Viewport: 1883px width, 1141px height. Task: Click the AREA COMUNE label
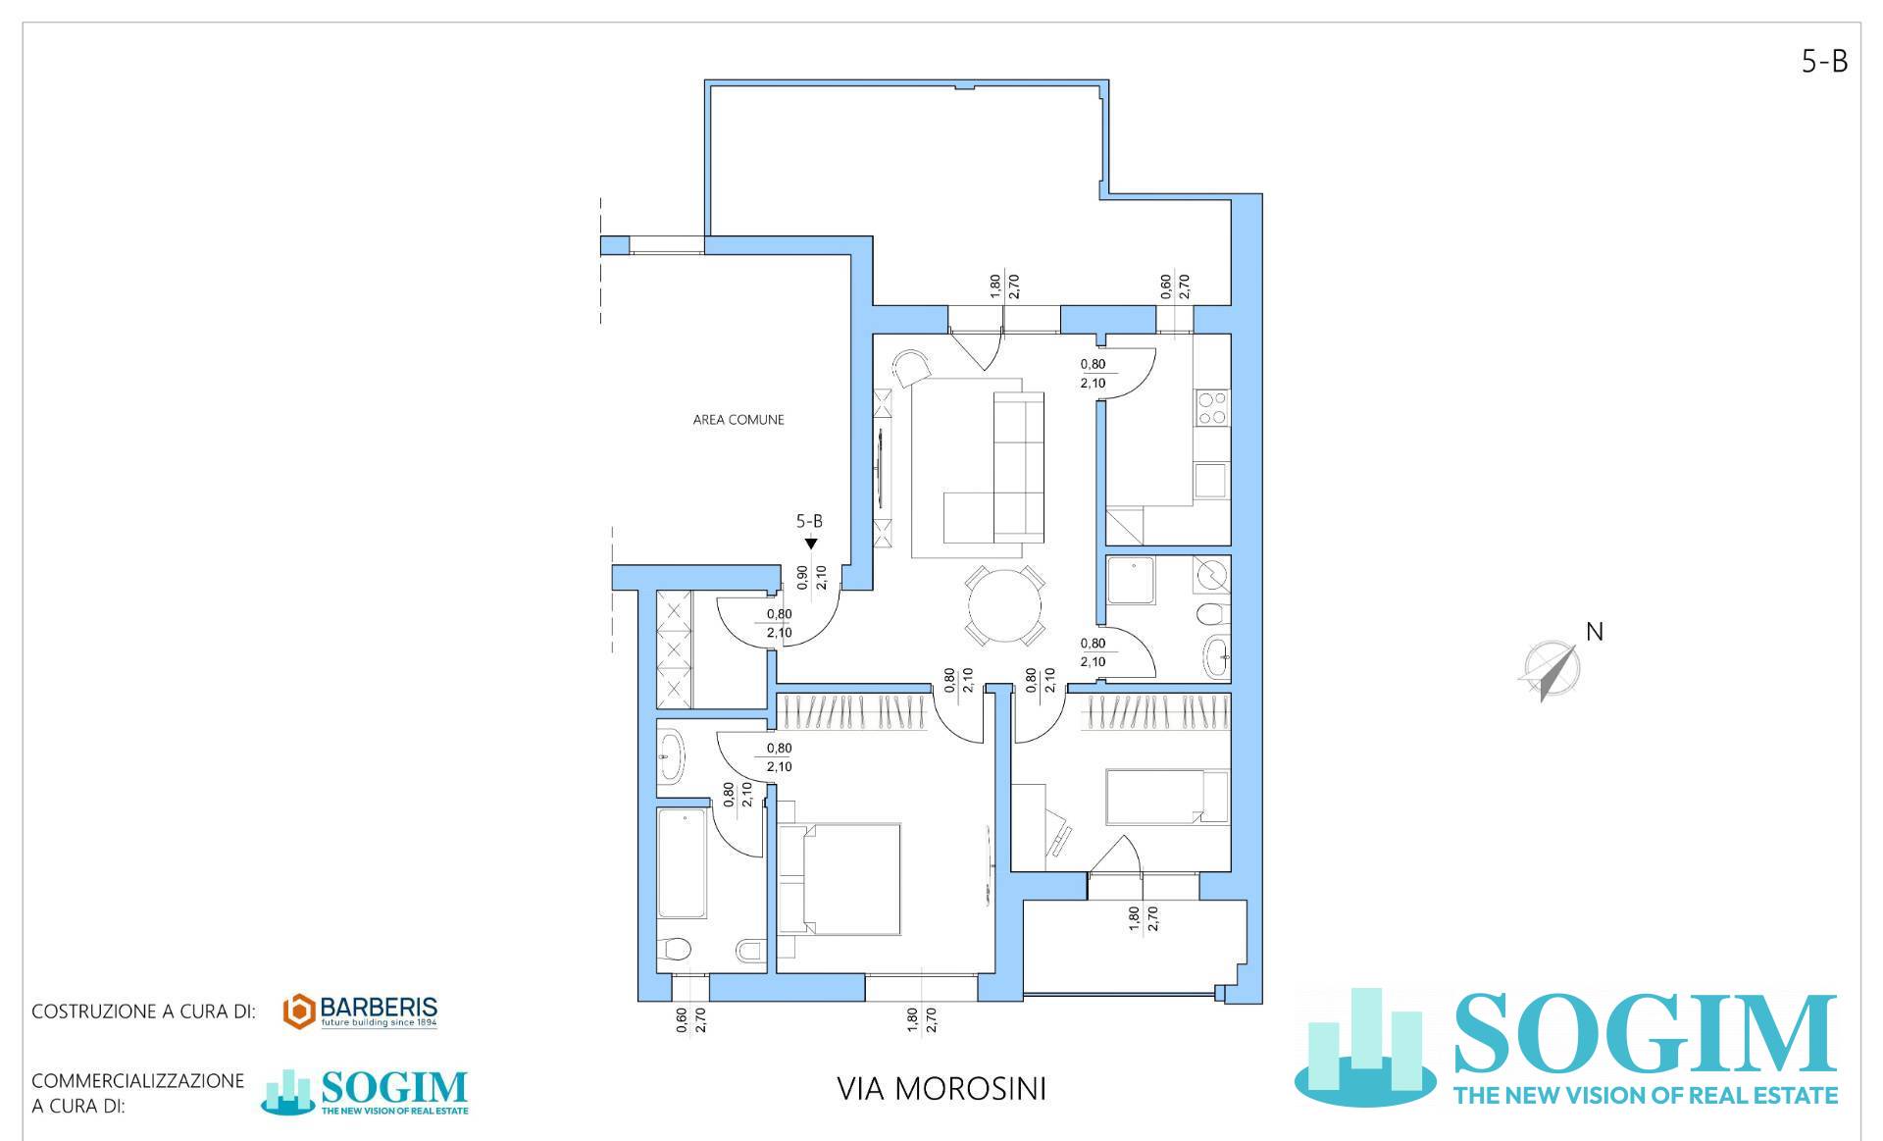click(738, 420)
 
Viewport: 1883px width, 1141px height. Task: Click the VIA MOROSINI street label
click(941, 1089)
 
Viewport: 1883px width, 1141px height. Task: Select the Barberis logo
click(360, 1011)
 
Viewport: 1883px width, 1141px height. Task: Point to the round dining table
click(1004, 605)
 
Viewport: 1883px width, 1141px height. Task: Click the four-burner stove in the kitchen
click(1212, 407)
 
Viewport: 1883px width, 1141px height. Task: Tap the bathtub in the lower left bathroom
click(682, 863)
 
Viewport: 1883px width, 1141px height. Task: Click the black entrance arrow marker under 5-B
click(810, 544)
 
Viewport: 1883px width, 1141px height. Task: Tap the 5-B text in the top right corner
click(1824, 62)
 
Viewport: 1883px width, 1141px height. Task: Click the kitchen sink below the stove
click(1211, 481)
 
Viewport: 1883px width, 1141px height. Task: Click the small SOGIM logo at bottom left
click(365, 1091)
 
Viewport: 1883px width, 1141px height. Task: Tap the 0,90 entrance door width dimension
click(802, 579)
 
